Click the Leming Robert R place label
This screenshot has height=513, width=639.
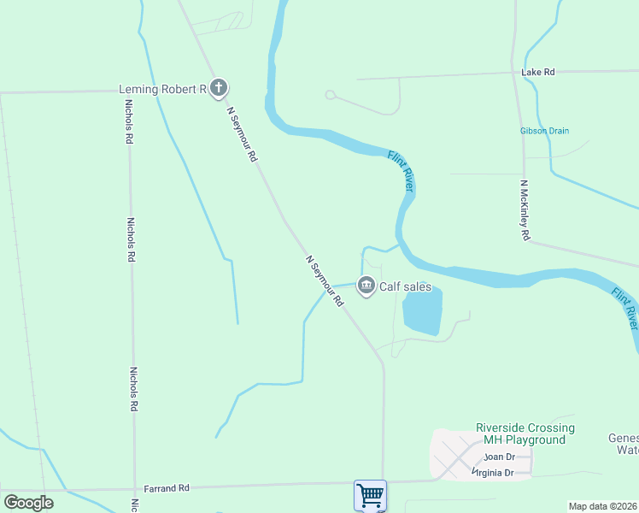[162, 88]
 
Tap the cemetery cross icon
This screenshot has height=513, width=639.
[219, 87]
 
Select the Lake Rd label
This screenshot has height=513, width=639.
[538, 73]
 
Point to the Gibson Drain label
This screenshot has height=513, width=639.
[544, 131]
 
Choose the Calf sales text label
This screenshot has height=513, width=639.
[406, 287]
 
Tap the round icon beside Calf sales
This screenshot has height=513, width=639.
[366, 286]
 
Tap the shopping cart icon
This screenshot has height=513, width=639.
[370, 494]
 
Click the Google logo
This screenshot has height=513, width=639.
[28, 503]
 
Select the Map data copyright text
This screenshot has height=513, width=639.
[603, 506]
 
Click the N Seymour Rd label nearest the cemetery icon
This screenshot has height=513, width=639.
[242, 134]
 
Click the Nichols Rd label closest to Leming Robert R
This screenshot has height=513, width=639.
[129, 122]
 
